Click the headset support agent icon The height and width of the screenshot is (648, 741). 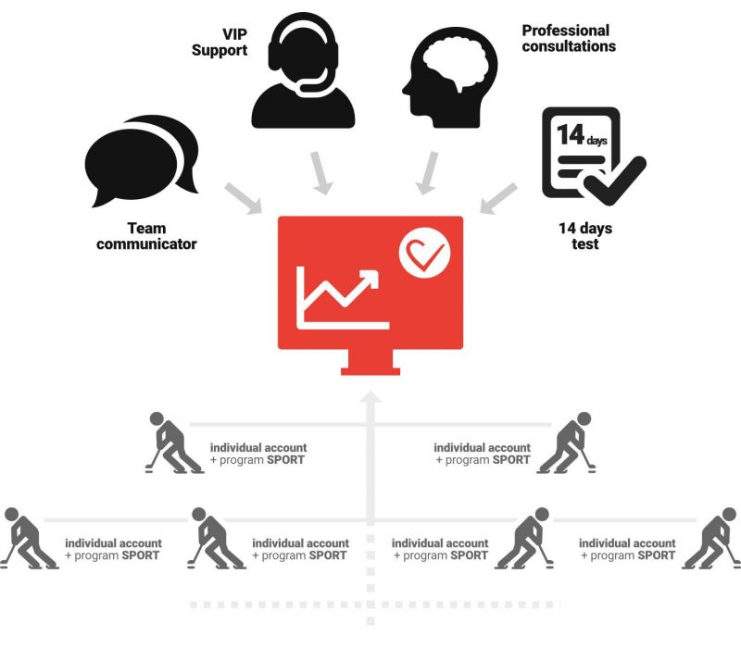coord(303,71)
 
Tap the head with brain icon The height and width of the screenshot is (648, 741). coord(449,77)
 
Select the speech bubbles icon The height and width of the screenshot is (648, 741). coord(142,161)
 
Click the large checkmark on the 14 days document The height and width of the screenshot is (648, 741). coord(614,181)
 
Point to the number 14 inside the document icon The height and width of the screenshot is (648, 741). coord(571,134)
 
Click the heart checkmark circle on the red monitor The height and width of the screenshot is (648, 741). coord(424,252)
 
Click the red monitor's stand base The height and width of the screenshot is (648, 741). coord(370,371)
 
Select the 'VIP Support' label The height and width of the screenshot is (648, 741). coord(220,42)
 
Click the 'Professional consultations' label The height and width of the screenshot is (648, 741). coord(569,38)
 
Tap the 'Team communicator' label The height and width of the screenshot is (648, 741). coord(146,236)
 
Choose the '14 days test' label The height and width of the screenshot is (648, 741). coord(585,236)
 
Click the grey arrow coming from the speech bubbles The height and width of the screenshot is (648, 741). coord(243,198)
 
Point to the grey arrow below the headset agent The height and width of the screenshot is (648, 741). coord(321,173)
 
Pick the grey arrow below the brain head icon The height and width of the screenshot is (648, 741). coord(427,173)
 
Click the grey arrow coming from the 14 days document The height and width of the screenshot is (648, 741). coord(498,198)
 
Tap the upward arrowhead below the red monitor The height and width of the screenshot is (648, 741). coord(370,397)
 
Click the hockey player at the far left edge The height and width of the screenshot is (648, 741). coord(30,539)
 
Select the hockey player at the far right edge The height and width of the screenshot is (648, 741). coord(711,539)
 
